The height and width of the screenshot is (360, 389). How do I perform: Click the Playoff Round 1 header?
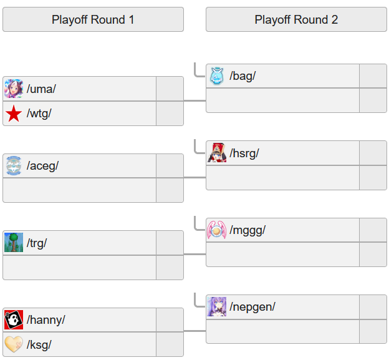pyautogui.click(x=93, y=19)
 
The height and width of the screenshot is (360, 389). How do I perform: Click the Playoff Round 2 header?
pyautogui.click(x=296, y=19)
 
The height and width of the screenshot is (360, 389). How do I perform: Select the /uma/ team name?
pyautogui.click(x=41, y=89)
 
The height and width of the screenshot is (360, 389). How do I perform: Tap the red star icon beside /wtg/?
pyautogui.click(x=14, y=114)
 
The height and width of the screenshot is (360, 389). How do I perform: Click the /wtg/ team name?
pyautogui.click(x=39, y=114)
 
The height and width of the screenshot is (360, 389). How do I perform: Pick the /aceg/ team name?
pyautogui.click(x=42, y=166)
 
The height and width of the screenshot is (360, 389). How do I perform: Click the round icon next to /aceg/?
pyautogui.click(x=14, y=166)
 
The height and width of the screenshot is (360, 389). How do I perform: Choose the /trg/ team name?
pyautogui.click(x=37, y=243)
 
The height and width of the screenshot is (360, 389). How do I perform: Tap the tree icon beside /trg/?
pyautogui.click(x=14, y=243)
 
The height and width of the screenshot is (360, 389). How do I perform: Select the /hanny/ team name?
pyautogui.click(x=46, y=320)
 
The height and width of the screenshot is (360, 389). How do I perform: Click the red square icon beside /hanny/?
pyautogui.click(x=14, y=320)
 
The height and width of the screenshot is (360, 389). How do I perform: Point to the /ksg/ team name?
pyautogui.click(x=39, y=344)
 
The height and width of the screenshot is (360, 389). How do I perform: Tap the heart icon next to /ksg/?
pyautogui.click(x=14, y=344)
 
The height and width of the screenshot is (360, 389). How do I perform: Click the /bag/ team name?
pyautogui.click(x=243, y=76)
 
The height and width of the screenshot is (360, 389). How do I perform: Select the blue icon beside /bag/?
pyautogui.click(x=216, y=76)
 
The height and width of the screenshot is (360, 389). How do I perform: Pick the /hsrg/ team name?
pyautogui.click(x=244, y=153)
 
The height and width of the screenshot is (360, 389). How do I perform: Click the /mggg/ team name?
pyautogui.click(x=247, y=230)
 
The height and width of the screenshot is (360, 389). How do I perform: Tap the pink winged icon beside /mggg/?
pyautogui.click(x=216, y=230)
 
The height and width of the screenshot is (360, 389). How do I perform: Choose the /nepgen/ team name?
pyautogui.click(x=252, y=307)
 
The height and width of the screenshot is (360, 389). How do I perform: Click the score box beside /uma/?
pyautogui.click(x=170, y=89)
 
